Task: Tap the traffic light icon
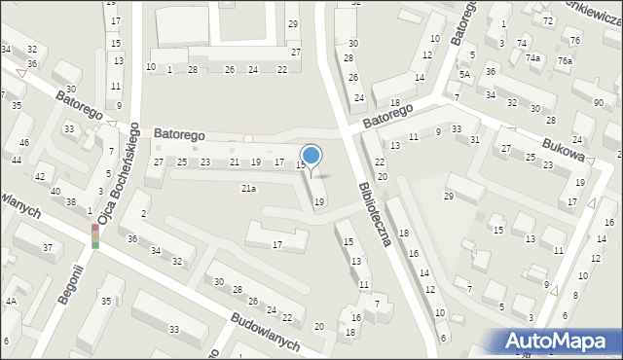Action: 95,236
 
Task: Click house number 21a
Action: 249,188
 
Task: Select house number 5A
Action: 465,74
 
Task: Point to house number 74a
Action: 533,58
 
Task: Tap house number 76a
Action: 565,60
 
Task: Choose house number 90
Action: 598,103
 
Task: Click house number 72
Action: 548,20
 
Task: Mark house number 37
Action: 47,248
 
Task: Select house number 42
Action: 40,177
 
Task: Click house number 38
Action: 70,202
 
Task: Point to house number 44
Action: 17,160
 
